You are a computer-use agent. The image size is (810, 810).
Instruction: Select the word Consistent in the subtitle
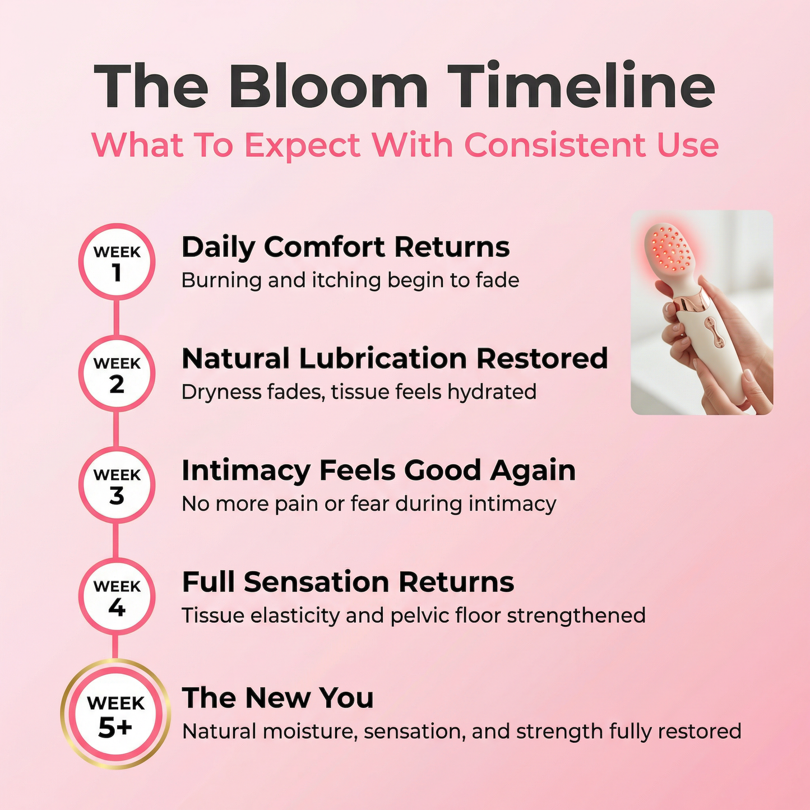(x=556, y=145)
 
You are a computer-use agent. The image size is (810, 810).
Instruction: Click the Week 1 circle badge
(x=117, y=262)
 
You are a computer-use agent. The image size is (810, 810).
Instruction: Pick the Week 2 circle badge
(x=117, y=373)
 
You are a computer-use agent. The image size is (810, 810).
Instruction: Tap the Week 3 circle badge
(x=117, y=485)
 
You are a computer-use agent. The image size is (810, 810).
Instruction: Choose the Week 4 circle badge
(x=117, y=596)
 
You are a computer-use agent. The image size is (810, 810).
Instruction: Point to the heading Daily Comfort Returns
(x=345, y=247)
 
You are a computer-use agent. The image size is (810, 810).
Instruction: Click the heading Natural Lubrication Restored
(x=395, y=359)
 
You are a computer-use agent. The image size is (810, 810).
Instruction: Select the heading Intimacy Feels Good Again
(x=378, y=470)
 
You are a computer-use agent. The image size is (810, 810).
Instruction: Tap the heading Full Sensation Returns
(x=348, y=582)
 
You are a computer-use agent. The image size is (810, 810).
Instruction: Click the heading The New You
(x=277, y=698)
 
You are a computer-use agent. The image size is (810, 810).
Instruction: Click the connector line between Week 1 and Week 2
(x=117, y=317)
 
